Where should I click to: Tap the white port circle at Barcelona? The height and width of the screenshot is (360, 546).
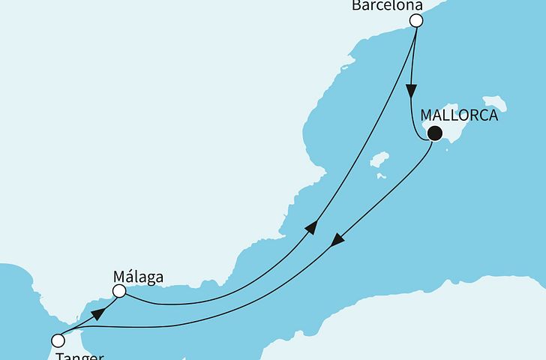416,22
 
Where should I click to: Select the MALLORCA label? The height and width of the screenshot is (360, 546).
460,115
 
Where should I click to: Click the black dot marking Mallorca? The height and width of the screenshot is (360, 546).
434,135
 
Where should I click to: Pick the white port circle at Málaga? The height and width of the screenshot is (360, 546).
118,291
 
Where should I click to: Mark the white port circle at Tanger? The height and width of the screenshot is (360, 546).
57,340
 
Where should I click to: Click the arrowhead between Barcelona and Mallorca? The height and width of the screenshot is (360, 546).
411,90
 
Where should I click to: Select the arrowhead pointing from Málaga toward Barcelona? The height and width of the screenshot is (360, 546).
311,227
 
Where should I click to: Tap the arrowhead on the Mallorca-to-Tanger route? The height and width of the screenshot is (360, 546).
338,241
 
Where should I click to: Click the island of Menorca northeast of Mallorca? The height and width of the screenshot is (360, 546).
494,103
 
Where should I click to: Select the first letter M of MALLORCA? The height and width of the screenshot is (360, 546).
427,115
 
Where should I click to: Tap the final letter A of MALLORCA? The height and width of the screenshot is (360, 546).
493,115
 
